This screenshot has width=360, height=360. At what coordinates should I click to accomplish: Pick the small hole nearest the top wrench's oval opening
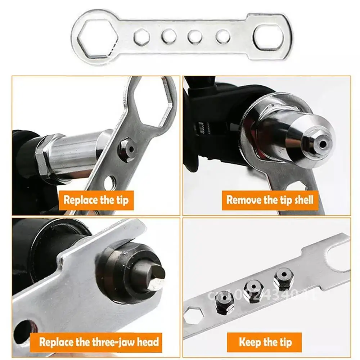pyautogui.click(x=223, y=36)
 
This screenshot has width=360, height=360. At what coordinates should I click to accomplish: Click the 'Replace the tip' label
pyautogui.click(x=96, y=200)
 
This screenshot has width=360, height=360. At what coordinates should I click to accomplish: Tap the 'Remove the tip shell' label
pyautogui.click(x=270, y=200)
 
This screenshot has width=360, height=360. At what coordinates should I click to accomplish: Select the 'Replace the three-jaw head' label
pyautogui.click(x=99, y=342)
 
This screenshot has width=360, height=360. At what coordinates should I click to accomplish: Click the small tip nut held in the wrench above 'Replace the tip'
pyautogui.click(x=127, y=148)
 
